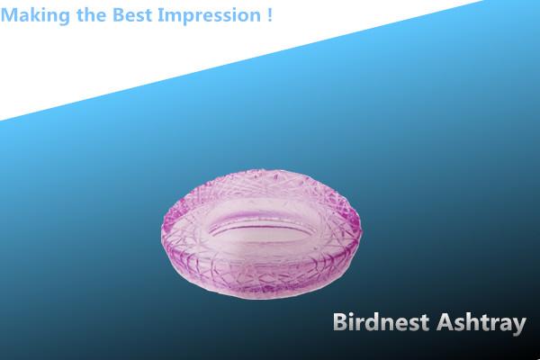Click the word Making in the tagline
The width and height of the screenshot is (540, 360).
coord(35,15)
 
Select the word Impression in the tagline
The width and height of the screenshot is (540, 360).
coord(209,16)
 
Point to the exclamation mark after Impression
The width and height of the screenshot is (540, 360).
coord(269,14)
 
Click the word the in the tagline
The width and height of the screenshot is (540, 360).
coord(91,14)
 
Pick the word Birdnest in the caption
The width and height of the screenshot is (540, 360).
coord(381,322)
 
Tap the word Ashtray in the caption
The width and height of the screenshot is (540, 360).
coord(481,324)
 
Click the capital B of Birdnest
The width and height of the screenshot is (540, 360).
coord(340,322)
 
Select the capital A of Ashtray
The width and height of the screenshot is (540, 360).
coord(445,322)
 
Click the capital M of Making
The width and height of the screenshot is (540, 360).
coord(9,14)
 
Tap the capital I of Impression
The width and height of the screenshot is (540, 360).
coord(160,14)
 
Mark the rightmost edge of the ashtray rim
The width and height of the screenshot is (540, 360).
coord(360,228)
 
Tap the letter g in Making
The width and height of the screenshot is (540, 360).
coord(64,18)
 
